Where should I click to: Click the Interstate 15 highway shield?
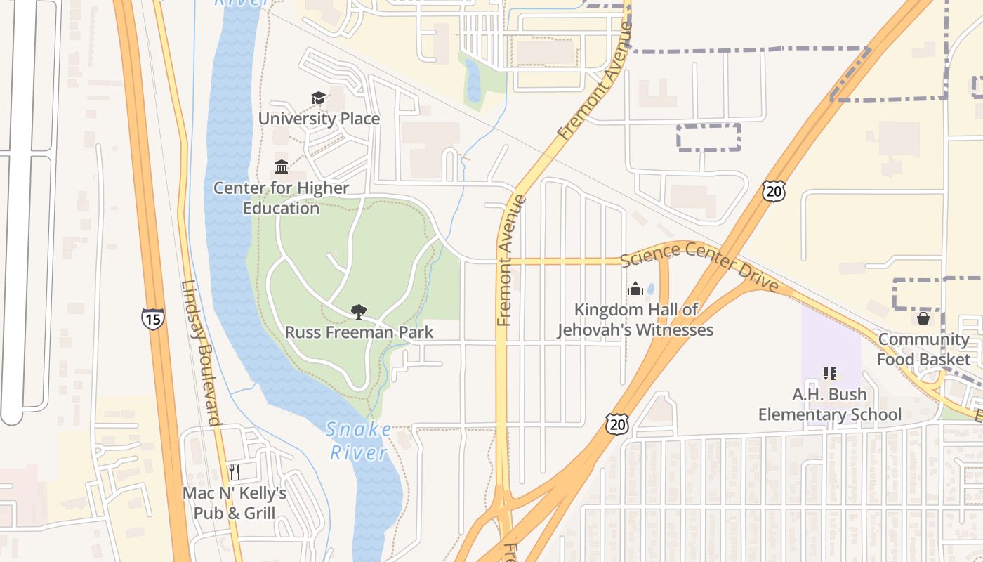pyautogui.click(x=152, y=319)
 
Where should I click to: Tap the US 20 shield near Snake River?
pyautogui.click(x=616, y=424)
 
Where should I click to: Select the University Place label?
pyautogui.click(x=319, y=119)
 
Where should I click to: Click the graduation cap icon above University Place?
pyautogui.click(x=319, y=98)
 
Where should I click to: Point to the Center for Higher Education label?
pyautogui.click(x=281, y=198)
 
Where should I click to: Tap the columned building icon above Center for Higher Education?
pyautogui.click(x=282, y=166)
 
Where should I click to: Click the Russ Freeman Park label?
pyautogui.click(x=359, y=332)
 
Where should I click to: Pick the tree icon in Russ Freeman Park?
pyautogui.click(x=359, y=311)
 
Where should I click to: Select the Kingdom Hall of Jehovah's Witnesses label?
pyautogui.click(x=635, y=320)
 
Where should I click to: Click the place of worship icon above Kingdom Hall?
pyautogui.click(x=635, y=289)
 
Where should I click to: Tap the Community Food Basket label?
pyautogui.click(x=923, y=349)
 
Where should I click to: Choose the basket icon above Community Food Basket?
pyautogui.click(x=923, y=318)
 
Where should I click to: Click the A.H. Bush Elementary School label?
pyautogui.click(x=829, y=405)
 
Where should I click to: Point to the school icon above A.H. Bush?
pyautogui.click(x=829, y=374)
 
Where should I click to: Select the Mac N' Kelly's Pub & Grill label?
pyautogui.click(x=235, y=503)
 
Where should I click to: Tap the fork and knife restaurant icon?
pyautogui.click(x=235, y=472)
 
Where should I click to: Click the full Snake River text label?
pyautogui.click(x=359, y=440)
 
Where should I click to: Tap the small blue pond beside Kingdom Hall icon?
pyautogui.click(x=651, y=289)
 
